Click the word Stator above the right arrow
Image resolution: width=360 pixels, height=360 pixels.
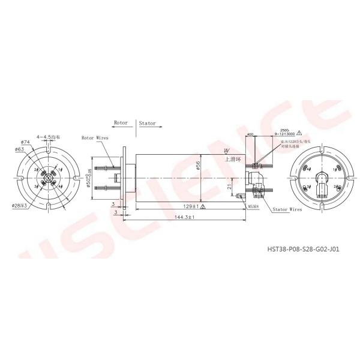(148, 124)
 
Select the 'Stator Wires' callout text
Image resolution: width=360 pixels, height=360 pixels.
(287, 211)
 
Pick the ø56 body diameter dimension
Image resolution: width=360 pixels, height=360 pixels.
(198, 166)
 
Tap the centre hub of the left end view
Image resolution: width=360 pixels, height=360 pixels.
(47, 178)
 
